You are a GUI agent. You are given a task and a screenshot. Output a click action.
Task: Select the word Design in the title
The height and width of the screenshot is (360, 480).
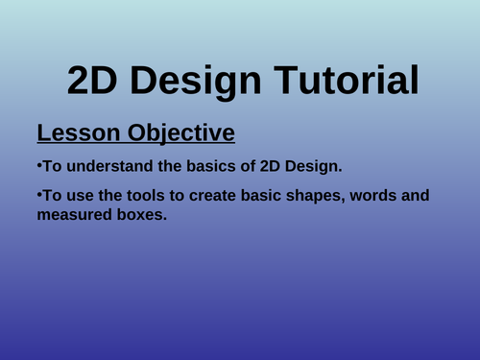[197, 79]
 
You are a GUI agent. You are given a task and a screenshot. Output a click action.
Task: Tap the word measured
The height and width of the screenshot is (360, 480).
[80, 217]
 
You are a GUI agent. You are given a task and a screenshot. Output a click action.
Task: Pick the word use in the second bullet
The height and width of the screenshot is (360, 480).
[84, 198]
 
